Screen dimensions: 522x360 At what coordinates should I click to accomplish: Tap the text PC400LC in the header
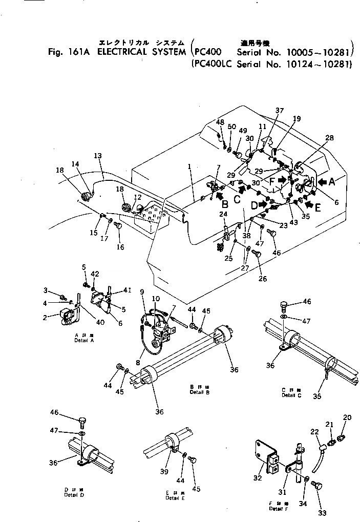coord(211,65)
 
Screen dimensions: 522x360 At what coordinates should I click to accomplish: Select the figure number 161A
coord(77,52)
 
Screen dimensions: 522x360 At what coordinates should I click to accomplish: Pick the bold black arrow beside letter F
coord(297,180)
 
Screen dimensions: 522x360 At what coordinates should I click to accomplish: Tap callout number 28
coord(329,138)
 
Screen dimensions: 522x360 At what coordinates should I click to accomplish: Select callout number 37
coord(279,111)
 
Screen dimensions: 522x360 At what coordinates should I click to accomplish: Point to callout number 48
coord(220,122)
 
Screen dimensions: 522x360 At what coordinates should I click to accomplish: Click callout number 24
coord(223,214)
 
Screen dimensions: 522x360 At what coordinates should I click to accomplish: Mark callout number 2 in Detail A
coord(46,318)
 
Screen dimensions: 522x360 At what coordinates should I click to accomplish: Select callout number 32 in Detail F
coord(258,477)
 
